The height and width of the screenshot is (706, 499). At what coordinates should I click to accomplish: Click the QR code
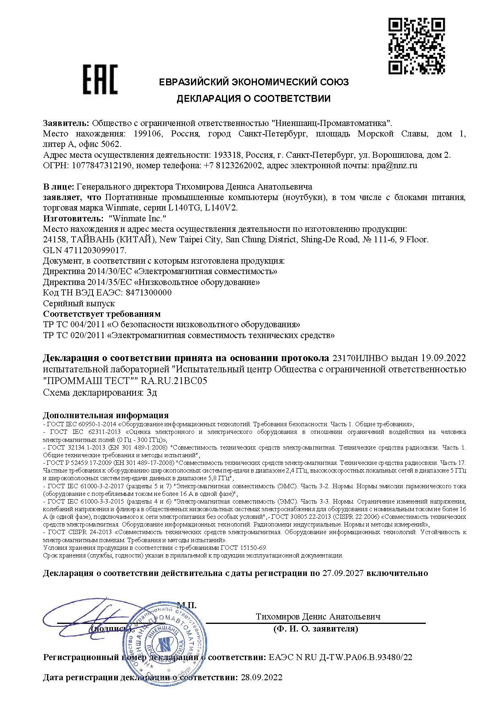click(x=417, y=46)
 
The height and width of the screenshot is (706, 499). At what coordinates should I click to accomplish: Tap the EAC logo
click(x=101, y=80)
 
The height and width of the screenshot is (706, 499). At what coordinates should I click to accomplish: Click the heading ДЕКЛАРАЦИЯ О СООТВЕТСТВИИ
click(x=253, y=99)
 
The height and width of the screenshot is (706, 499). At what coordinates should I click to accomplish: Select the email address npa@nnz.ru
click(x=394, y=165)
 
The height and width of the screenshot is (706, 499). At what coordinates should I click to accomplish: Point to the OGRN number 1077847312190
click(x=102, y=165)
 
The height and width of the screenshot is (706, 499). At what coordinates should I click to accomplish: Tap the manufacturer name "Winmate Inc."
click(x=138, y=219)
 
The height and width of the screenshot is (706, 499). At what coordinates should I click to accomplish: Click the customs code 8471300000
click(x=149, y=293)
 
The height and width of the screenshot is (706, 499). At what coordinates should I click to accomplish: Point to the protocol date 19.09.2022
click(x=444, y=358)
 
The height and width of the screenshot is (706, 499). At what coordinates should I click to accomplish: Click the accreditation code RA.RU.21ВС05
click(x=174, y=381)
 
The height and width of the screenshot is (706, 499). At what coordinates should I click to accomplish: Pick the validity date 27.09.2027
click(x=343, y=573)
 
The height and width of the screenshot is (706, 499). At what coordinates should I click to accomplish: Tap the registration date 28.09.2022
click(x=261, y=677)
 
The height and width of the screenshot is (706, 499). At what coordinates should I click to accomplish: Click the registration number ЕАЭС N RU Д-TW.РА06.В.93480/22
click(x=340, y=657)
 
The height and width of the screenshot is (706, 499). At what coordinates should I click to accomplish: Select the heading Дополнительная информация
click(x=106, y=415)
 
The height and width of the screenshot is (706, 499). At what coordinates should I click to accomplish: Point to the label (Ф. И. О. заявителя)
click(x=316, y=629)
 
